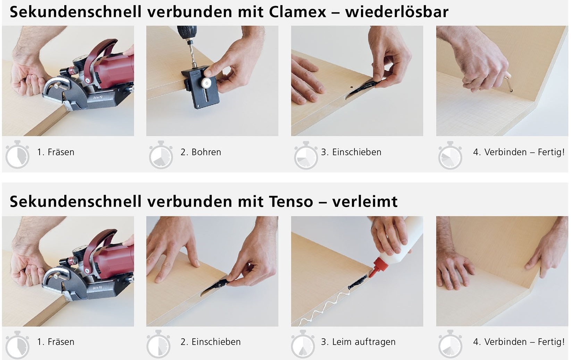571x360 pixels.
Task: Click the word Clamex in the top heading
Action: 297,12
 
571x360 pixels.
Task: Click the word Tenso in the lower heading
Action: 291,202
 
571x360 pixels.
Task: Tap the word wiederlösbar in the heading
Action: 397,12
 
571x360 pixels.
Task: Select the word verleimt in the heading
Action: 365,202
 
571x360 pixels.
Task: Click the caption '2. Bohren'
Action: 201,152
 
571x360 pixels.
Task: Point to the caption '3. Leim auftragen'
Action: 358,342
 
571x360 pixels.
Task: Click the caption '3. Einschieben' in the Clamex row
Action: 351,152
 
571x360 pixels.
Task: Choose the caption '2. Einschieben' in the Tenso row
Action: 210,342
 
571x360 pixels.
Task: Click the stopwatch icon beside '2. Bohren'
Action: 161,155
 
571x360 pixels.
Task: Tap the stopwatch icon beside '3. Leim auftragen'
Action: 303,344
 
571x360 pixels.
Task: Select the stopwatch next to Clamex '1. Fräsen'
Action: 17,154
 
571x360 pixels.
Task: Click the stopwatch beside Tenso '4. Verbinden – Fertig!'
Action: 450,344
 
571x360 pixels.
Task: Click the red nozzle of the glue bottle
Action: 378,267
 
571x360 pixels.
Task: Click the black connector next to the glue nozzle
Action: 358,283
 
